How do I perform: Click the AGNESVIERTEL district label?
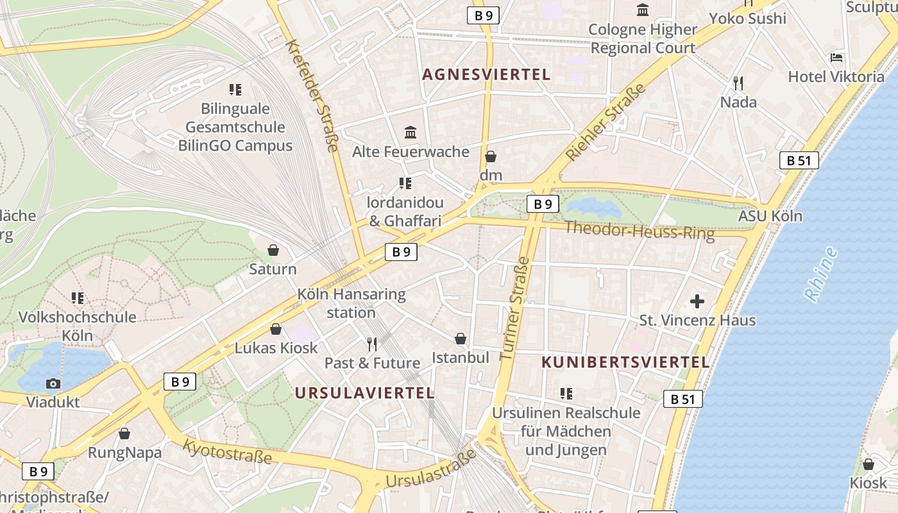486,74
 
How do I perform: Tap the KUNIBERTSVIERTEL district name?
625,362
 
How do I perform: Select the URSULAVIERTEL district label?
364,393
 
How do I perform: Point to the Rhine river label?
821,275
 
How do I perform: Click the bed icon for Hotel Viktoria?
836,58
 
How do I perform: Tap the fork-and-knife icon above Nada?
738,83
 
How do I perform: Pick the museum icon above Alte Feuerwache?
411,133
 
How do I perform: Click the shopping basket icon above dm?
491,156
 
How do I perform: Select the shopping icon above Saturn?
273,249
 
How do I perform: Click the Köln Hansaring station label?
352,303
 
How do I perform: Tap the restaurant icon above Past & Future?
371,344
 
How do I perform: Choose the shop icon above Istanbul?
461,338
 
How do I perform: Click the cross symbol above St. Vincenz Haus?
697,301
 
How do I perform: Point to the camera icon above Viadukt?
53,383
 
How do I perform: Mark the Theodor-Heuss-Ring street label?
639,230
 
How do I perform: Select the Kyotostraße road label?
228,451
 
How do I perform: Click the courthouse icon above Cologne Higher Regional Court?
643,10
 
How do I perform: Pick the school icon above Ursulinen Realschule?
566,393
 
